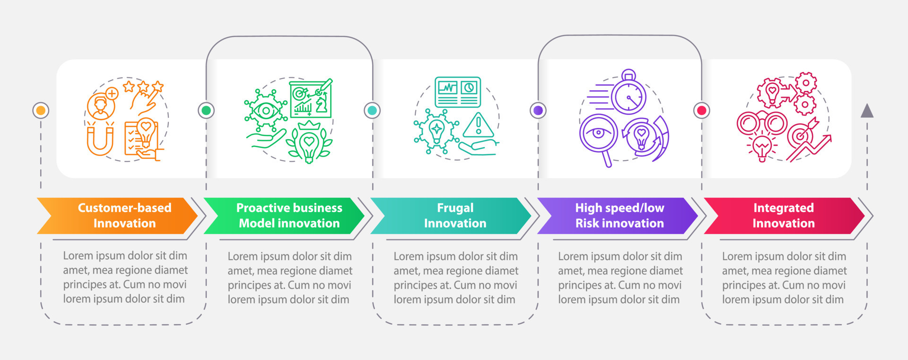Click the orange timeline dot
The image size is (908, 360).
(41, 111)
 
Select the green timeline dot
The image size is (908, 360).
(206, 111)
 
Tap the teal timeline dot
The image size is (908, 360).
(372, 111)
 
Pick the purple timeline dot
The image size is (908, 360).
(538, 111)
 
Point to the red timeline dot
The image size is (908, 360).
(702, 111)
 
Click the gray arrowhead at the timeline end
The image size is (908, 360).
(867, 111)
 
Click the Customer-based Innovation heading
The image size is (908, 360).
(124, 216)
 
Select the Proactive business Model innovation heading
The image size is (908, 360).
(289, 216)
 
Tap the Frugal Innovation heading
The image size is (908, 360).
(455, 216)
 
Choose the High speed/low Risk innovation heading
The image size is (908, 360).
(620, 216)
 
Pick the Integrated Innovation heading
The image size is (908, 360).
(784, 216)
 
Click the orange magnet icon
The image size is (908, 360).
(100, 140)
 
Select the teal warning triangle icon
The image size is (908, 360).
(479, 125)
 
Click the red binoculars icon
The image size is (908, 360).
(762, 123)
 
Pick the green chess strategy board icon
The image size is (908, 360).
(311, 99)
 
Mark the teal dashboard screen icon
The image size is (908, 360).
(457, 92)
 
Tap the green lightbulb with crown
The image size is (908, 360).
(309, 142)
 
